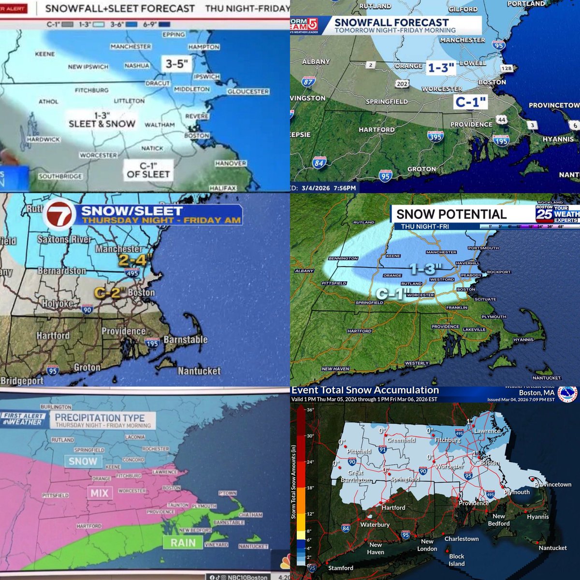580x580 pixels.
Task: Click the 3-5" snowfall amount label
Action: pyautogui.click(x=176, y=63)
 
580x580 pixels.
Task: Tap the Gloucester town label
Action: pyautogui.click(x=248, y=91)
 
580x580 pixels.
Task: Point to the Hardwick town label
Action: pyautogui.click(x=43, y=139)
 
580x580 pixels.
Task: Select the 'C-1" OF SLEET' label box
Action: pyautogui.click(x=148, y=170)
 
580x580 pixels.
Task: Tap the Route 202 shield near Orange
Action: pyautogui.click(x=402, y=84)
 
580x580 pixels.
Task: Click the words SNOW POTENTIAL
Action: pyautogui.click(x=451, y=214)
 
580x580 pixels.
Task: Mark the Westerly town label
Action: pyautogui.click(x=417, y=363)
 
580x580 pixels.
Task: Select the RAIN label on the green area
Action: pyautogui.click(x=183, y=542)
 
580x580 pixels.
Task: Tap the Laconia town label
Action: pyautogui.click(x=135, y=437)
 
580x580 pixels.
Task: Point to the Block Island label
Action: pyautogui.click(x=456, y=560)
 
